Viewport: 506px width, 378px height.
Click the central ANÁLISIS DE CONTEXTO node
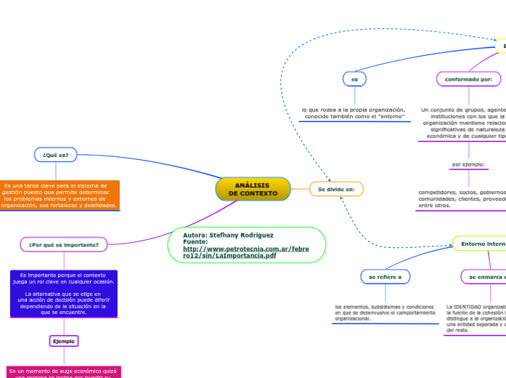pyautogui.click(x=253, y=189)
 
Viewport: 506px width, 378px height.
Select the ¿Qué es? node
pyautogui.click(x=55, y=154)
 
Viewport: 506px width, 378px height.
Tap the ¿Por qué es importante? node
pyautogui.click(x=64, y=244)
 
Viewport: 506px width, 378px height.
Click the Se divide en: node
pyautogui.click(x=336, y=189)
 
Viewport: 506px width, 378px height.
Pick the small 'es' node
pyautogui.click(x=354, y=79)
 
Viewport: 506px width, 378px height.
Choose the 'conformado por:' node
pyautogui.click(x=468, y=79)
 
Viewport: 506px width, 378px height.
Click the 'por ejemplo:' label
pyautogui.click(x=468, y=164)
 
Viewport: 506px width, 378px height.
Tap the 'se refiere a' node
pyautogui.click(x=385, y=276)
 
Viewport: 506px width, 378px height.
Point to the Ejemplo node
pyautogui.click(x=64, y=341)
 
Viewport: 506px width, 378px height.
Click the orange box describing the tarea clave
pyautogui.click(x=59, y=196)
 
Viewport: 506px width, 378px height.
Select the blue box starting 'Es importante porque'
pyautogui.click(x=64, y=294)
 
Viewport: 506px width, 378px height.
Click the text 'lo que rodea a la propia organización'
pyautogui.click(x=354, y=113)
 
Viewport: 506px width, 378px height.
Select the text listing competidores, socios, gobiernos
pyautogui.click(x=462, y=198)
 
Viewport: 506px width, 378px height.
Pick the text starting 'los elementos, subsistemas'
pyautogui.click(x=385, y=312)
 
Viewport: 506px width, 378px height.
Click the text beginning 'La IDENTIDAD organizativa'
pyautogui.click(x=476, y=318)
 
